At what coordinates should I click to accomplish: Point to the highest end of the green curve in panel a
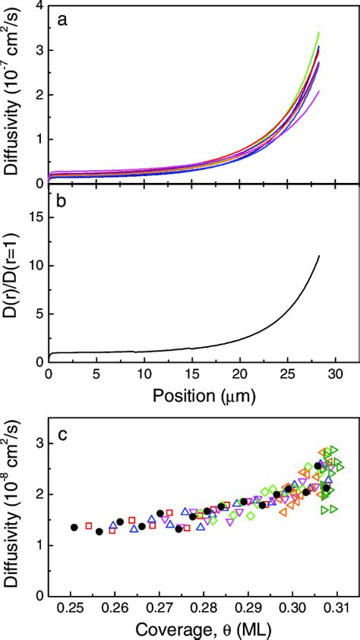click(x=319, y=33)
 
